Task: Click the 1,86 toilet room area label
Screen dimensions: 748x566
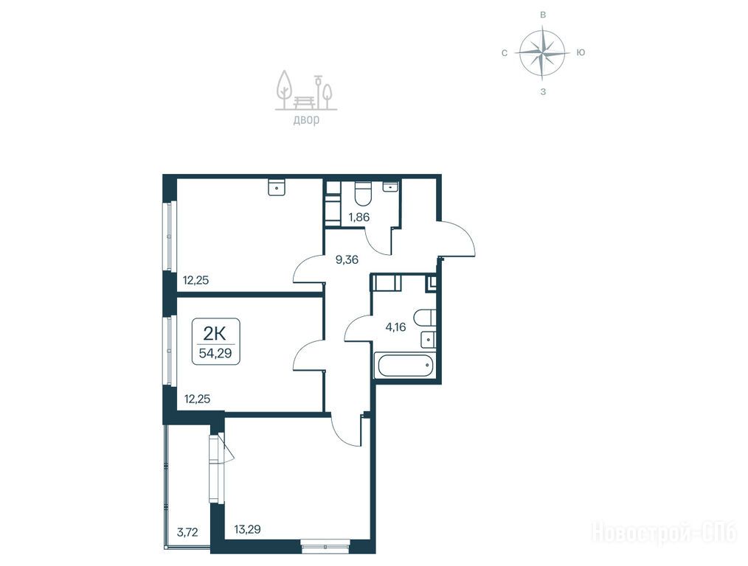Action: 359,217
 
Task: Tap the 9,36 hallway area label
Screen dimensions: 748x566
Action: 347,259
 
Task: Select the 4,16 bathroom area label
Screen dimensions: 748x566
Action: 395,326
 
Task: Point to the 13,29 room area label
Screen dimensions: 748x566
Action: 247,529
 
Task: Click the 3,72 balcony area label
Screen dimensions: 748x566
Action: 187,532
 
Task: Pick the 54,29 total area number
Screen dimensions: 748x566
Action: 215,354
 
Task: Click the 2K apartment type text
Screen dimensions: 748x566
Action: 215,334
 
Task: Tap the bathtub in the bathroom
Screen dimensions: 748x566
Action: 404,366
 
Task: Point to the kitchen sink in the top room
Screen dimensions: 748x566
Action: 277,186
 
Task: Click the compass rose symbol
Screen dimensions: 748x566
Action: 542,52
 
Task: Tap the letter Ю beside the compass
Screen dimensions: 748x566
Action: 581,52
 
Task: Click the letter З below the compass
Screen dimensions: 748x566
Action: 543,92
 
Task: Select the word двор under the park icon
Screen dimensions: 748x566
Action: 306,119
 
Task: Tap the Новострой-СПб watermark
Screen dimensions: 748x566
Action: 664,532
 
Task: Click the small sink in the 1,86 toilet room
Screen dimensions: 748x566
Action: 391,186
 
